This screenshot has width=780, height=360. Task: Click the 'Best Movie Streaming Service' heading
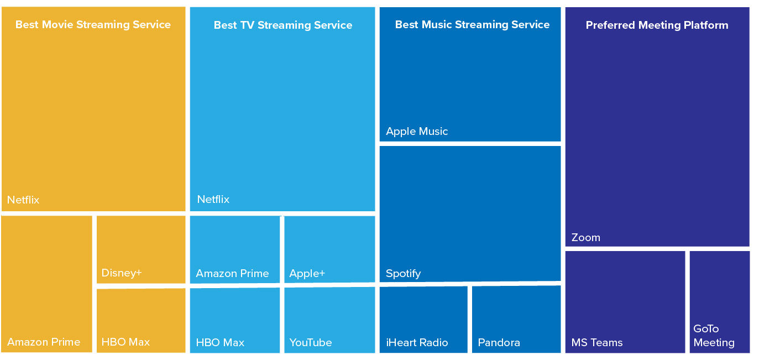93,25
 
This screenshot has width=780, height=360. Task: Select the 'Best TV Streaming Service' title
282,25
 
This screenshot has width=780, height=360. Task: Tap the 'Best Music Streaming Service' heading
472,25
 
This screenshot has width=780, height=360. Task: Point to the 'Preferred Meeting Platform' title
657,25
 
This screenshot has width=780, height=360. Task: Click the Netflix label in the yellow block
23,200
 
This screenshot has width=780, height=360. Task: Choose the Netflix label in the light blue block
213,199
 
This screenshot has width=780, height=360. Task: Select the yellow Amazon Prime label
44,342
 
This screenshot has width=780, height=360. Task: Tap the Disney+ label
122,273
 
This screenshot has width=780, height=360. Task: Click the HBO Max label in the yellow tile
125,342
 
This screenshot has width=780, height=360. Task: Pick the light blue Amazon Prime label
232,273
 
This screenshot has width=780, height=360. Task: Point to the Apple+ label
307,274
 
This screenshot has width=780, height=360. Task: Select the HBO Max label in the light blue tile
220,342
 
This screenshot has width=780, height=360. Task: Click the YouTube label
310,342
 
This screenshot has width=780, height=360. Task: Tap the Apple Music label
417,132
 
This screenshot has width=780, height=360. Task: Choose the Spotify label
403,274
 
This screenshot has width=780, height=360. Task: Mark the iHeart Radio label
417,342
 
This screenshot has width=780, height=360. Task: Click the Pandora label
499,342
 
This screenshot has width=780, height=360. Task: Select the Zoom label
586,238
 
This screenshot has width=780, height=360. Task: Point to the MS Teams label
597,342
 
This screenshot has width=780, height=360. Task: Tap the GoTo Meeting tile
719,302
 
